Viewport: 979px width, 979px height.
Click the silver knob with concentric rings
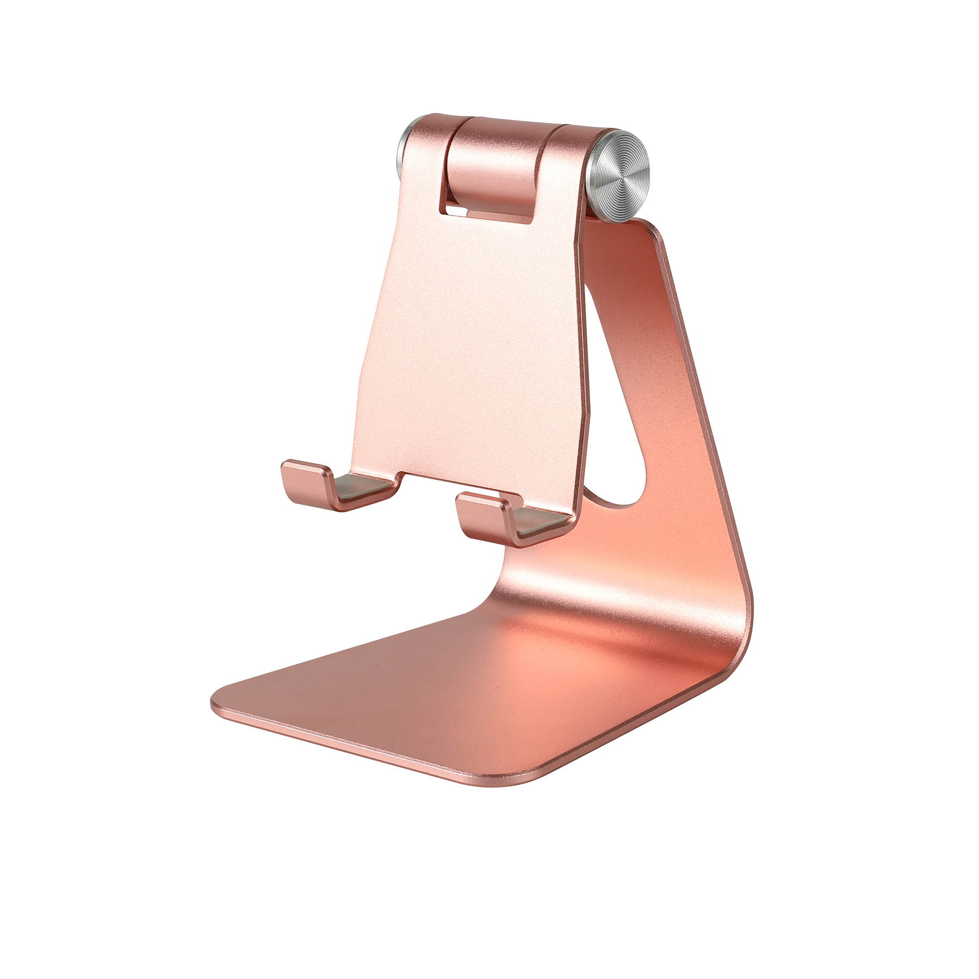620,176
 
